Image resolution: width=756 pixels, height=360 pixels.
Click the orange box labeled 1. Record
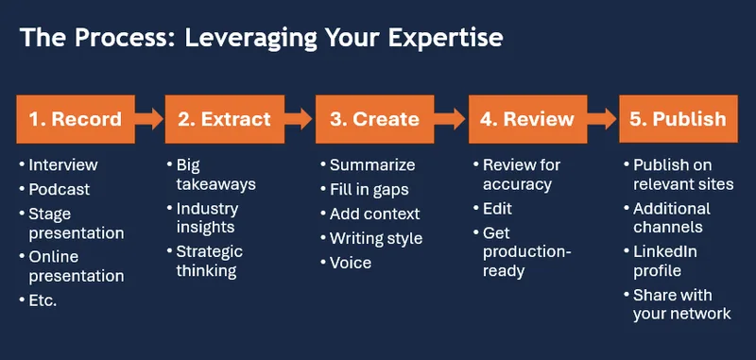point(75,119)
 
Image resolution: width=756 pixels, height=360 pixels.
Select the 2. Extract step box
point(224,119)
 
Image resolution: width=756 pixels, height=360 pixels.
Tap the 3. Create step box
point(375,119)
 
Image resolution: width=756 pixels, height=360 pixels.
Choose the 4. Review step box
point(527,119)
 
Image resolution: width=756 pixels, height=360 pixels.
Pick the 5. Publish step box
point(679,119)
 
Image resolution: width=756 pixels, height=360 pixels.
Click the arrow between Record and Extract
point(148,119)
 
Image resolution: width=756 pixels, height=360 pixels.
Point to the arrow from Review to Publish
point(603,119)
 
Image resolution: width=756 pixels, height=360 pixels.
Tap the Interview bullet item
point(63,164)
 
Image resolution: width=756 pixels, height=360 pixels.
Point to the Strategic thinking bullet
point(210,261)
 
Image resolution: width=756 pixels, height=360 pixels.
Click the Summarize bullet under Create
point(371,165)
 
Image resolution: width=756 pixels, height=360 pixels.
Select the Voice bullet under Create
point(351,263)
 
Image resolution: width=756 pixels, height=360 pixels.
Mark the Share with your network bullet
point(681,304)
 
